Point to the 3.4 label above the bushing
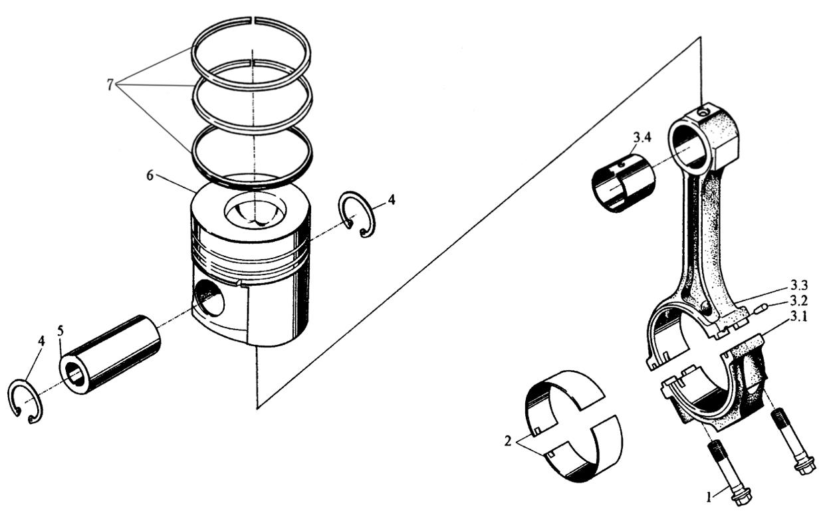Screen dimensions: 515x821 click(x=642, y=138)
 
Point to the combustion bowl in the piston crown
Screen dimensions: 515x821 click(x=256, y=214)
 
